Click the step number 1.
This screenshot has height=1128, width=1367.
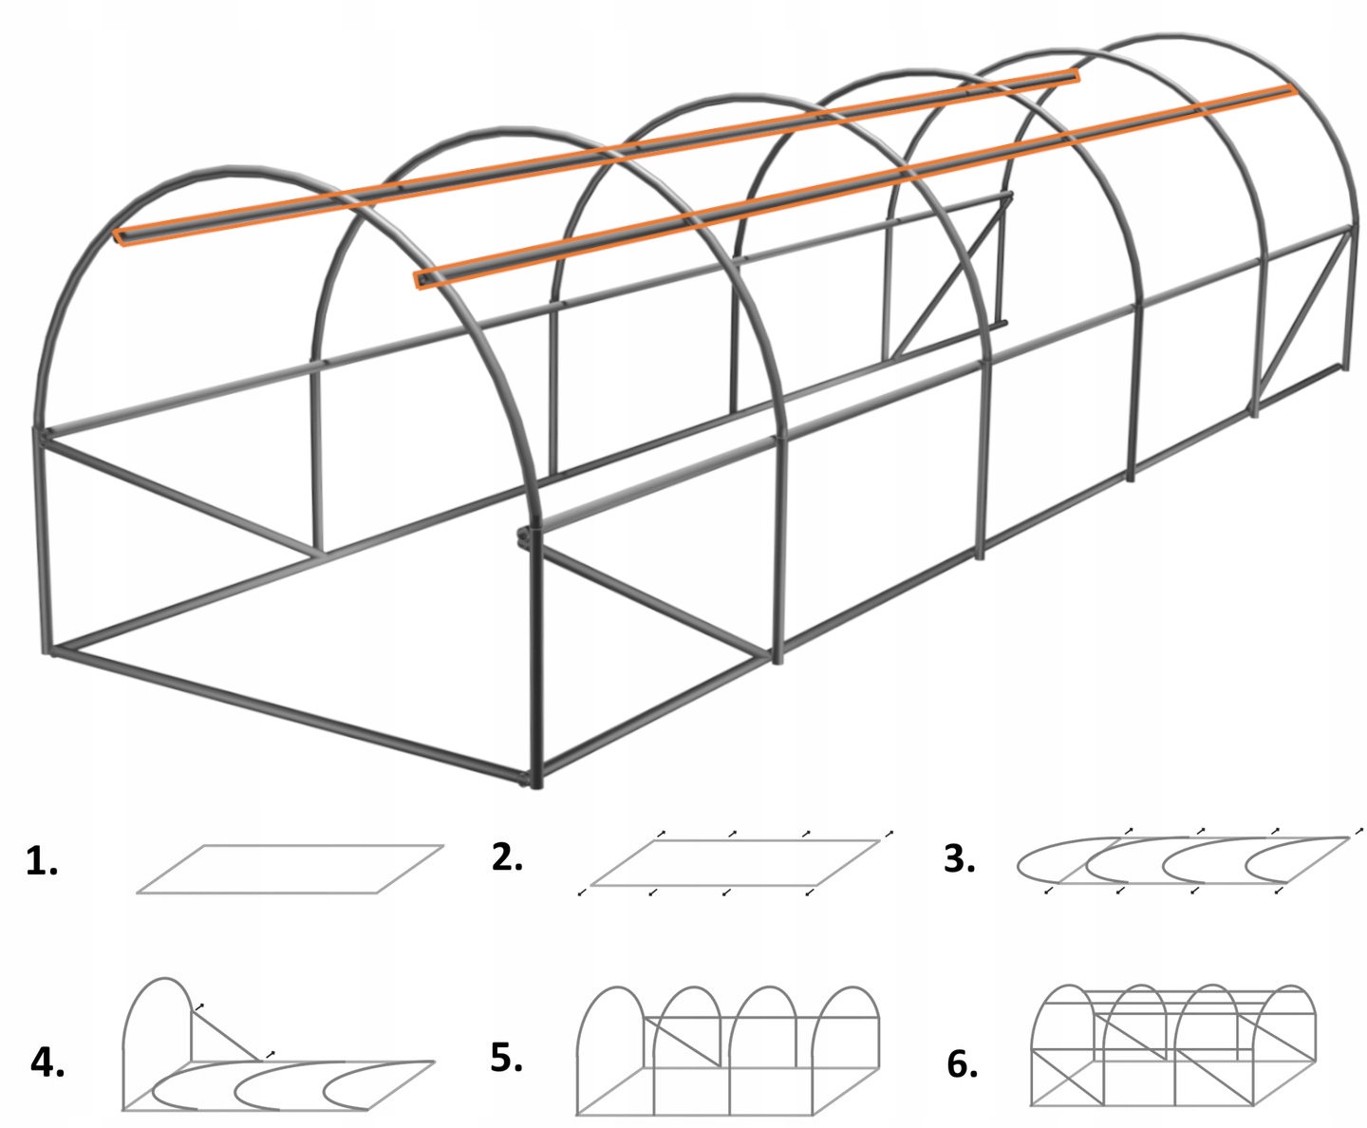41,861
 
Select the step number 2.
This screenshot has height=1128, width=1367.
507,856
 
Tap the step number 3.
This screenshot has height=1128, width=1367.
960,858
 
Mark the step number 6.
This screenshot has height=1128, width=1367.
962,1063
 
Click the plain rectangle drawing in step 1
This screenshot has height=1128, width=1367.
290,869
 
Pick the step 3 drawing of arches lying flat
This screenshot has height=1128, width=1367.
1182,860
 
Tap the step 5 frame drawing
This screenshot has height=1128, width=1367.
727,1049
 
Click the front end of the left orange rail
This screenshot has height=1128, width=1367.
121,236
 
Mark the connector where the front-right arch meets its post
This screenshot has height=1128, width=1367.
525,536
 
